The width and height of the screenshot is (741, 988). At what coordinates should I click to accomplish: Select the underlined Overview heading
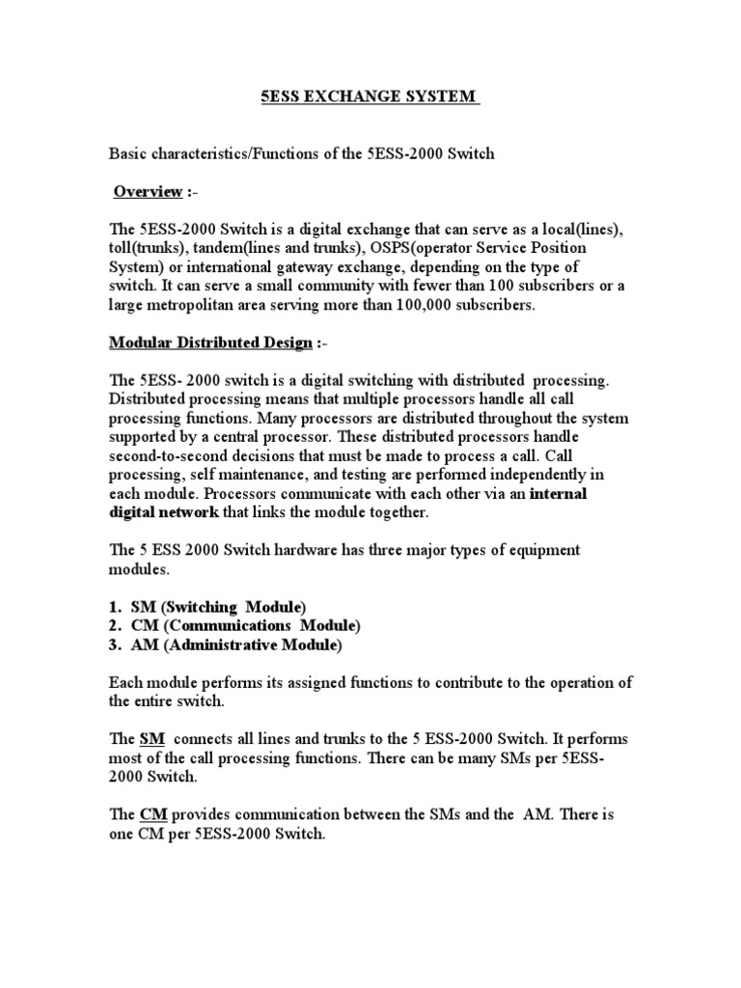[x=147, y=192]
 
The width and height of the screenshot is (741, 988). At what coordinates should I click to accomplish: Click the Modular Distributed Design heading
[x=210, y=343]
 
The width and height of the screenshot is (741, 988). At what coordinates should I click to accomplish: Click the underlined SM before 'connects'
[x=152, y=738]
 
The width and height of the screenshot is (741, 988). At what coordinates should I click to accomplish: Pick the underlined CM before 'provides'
[x=153, y=814]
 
